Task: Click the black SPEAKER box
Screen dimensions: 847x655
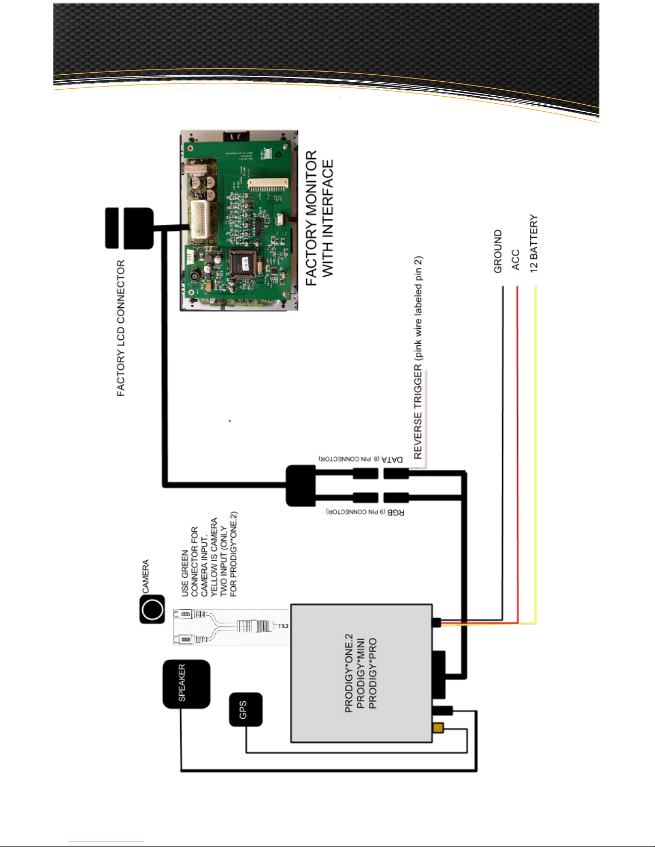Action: [x=186, y=684]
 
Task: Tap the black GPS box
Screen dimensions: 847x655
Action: [x=245, y=710]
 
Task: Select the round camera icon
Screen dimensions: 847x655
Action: [x=152, y=609]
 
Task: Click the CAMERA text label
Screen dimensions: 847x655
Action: [x=145, y=576]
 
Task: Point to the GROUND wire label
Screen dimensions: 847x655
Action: [x=498, y=252]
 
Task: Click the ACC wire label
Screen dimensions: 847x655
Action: [x=515, y=260]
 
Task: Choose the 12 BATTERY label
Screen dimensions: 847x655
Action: [x=534, y=244]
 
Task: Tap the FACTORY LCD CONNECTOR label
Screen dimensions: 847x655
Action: [x=121, y=328]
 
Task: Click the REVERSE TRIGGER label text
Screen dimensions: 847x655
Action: [x=418, y=358]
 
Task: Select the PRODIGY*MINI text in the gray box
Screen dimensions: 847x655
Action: [x=360, y=673]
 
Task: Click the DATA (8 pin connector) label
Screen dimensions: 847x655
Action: [x=361, y=459]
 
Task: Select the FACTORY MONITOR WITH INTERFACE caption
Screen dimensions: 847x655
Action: [x=319, y=218]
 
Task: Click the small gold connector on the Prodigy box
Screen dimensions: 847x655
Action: [x=438, y=728]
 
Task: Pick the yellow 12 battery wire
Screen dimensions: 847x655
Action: [x=536, y=454]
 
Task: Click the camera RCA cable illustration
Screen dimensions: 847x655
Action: [x=231, y=626]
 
